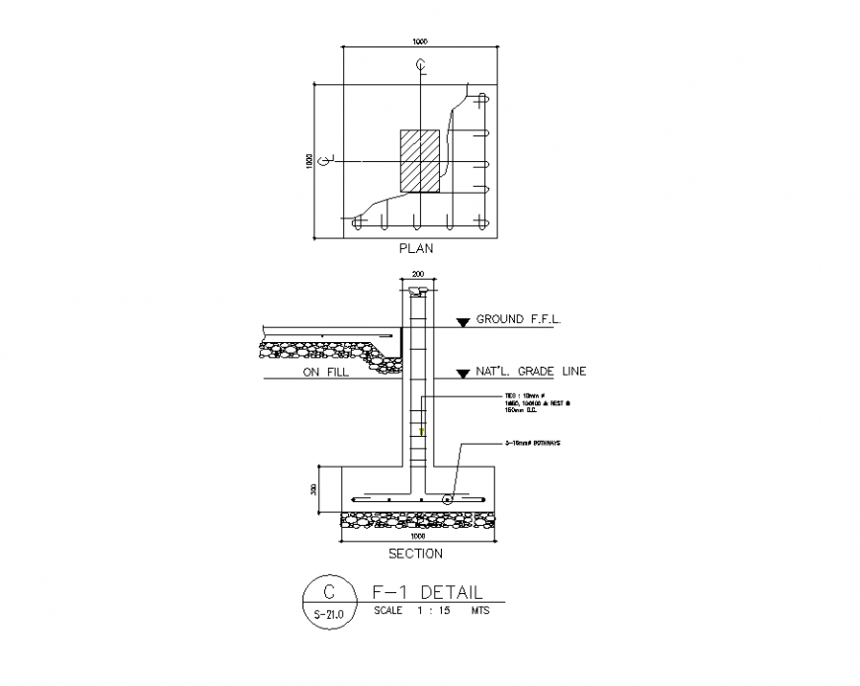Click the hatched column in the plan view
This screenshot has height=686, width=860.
[x=419, y=161]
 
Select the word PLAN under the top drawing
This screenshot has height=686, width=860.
[x=415, y=249]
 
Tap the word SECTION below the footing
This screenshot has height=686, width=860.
[x=415, y=554]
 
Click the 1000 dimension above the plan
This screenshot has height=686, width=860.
[x=420, y=42]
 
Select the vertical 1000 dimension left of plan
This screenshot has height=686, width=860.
[x=308, y=161]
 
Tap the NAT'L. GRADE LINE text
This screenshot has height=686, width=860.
[x=532, y=372]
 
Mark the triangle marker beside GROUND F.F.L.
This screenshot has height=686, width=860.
[x=462, y=321]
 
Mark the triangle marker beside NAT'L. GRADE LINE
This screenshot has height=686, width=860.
[x=462, y=374]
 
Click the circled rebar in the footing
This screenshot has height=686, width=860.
[x=447, y=499]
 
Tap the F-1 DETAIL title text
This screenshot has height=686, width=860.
[x=427, y=593]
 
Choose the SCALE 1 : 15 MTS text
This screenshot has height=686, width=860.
[x=431, y=611]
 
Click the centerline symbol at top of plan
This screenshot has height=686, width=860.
[x=421, y=66]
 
